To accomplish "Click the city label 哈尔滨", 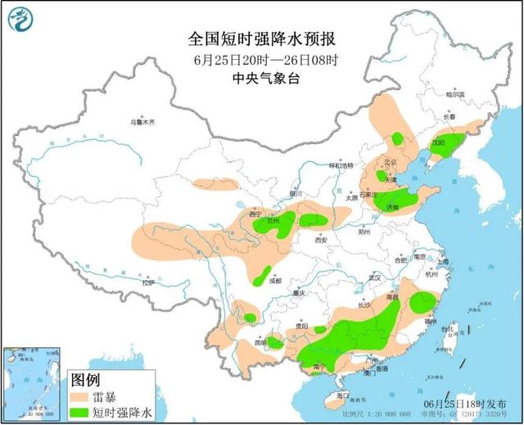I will point(455,95).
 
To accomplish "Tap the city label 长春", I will point(449,117).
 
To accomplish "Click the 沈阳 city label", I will point(438,142).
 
